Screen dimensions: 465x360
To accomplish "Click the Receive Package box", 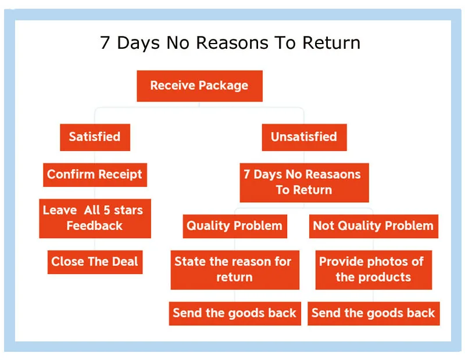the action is [x=199, y=86].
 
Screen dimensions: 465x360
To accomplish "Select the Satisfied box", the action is [x=95, y=137].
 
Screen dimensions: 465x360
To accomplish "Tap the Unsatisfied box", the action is [x=303, y=137].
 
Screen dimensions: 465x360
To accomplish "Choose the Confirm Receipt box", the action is [x=95, y=174].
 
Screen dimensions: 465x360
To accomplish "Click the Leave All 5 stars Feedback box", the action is [x=95, y=218].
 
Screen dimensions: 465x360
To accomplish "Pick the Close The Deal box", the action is [x=95, y=261].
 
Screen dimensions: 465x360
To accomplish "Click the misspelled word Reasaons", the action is [x=332, y=174].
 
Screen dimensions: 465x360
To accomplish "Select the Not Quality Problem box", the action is [x=373, y=226].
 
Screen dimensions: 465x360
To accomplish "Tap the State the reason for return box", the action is [x=234, y=269].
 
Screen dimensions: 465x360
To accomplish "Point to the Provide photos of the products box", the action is [x=373, y=269].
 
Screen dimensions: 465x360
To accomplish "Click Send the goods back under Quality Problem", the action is [x=234, y=313].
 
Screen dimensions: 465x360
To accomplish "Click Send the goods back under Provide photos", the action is [x=373, y=313].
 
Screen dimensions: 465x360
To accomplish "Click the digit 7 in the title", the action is [x=105, y=43].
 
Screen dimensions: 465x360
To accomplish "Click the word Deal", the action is [x=125, y=261].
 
